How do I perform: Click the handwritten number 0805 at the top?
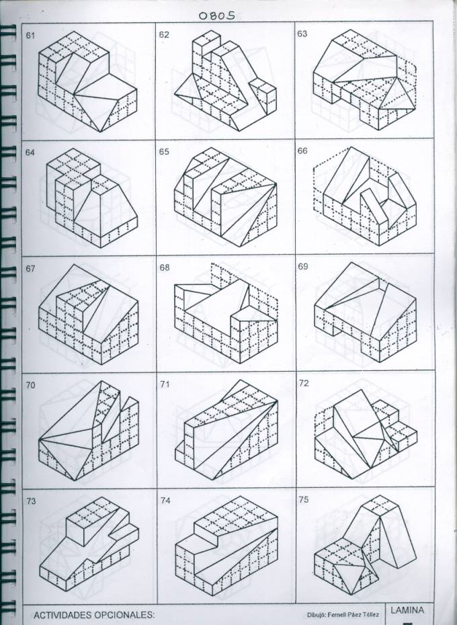216,15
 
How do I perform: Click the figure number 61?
30,36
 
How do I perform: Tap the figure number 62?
164,35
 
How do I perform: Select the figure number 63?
302,34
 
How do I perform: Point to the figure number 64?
30,153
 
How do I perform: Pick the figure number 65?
164,152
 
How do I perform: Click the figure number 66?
302,151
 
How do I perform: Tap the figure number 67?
30,269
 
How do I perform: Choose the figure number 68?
165,267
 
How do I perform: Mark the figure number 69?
303,266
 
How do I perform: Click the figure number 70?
30,386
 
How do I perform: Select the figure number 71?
165,384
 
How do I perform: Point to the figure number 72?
304,383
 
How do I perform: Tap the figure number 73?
31,501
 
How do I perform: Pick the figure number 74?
165,501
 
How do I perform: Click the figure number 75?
304,499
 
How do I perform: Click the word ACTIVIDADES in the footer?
63,615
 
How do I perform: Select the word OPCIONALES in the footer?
124,615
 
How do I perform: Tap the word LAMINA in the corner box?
407,610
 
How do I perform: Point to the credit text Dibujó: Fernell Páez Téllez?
343,615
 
